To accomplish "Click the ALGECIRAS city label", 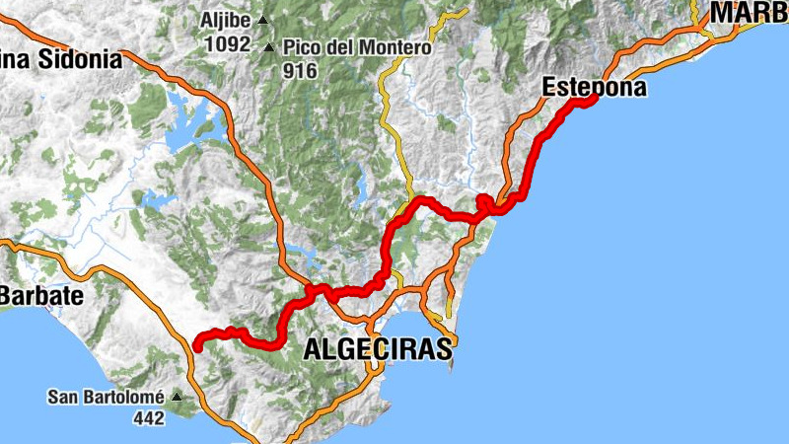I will click(378, 348).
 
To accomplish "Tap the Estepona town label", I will click(595, 88).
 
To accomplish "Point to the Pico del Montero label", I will click(357, 47).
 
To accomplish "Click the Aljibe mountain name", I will click(226, 20).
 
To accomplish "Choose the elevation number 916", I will click(299, 70).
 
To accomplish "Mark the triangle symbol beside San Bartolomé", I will click(177, 397).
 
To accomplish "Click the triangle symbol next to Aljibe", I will click(262, 20).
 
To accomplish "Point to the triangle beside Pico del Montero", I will click(270, 46).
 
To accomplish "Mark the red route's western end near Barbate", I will click(197, 345).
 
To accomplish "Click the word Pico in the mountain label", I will click(302, 47).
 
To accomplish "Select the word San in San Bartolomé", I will click(64, 398).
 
